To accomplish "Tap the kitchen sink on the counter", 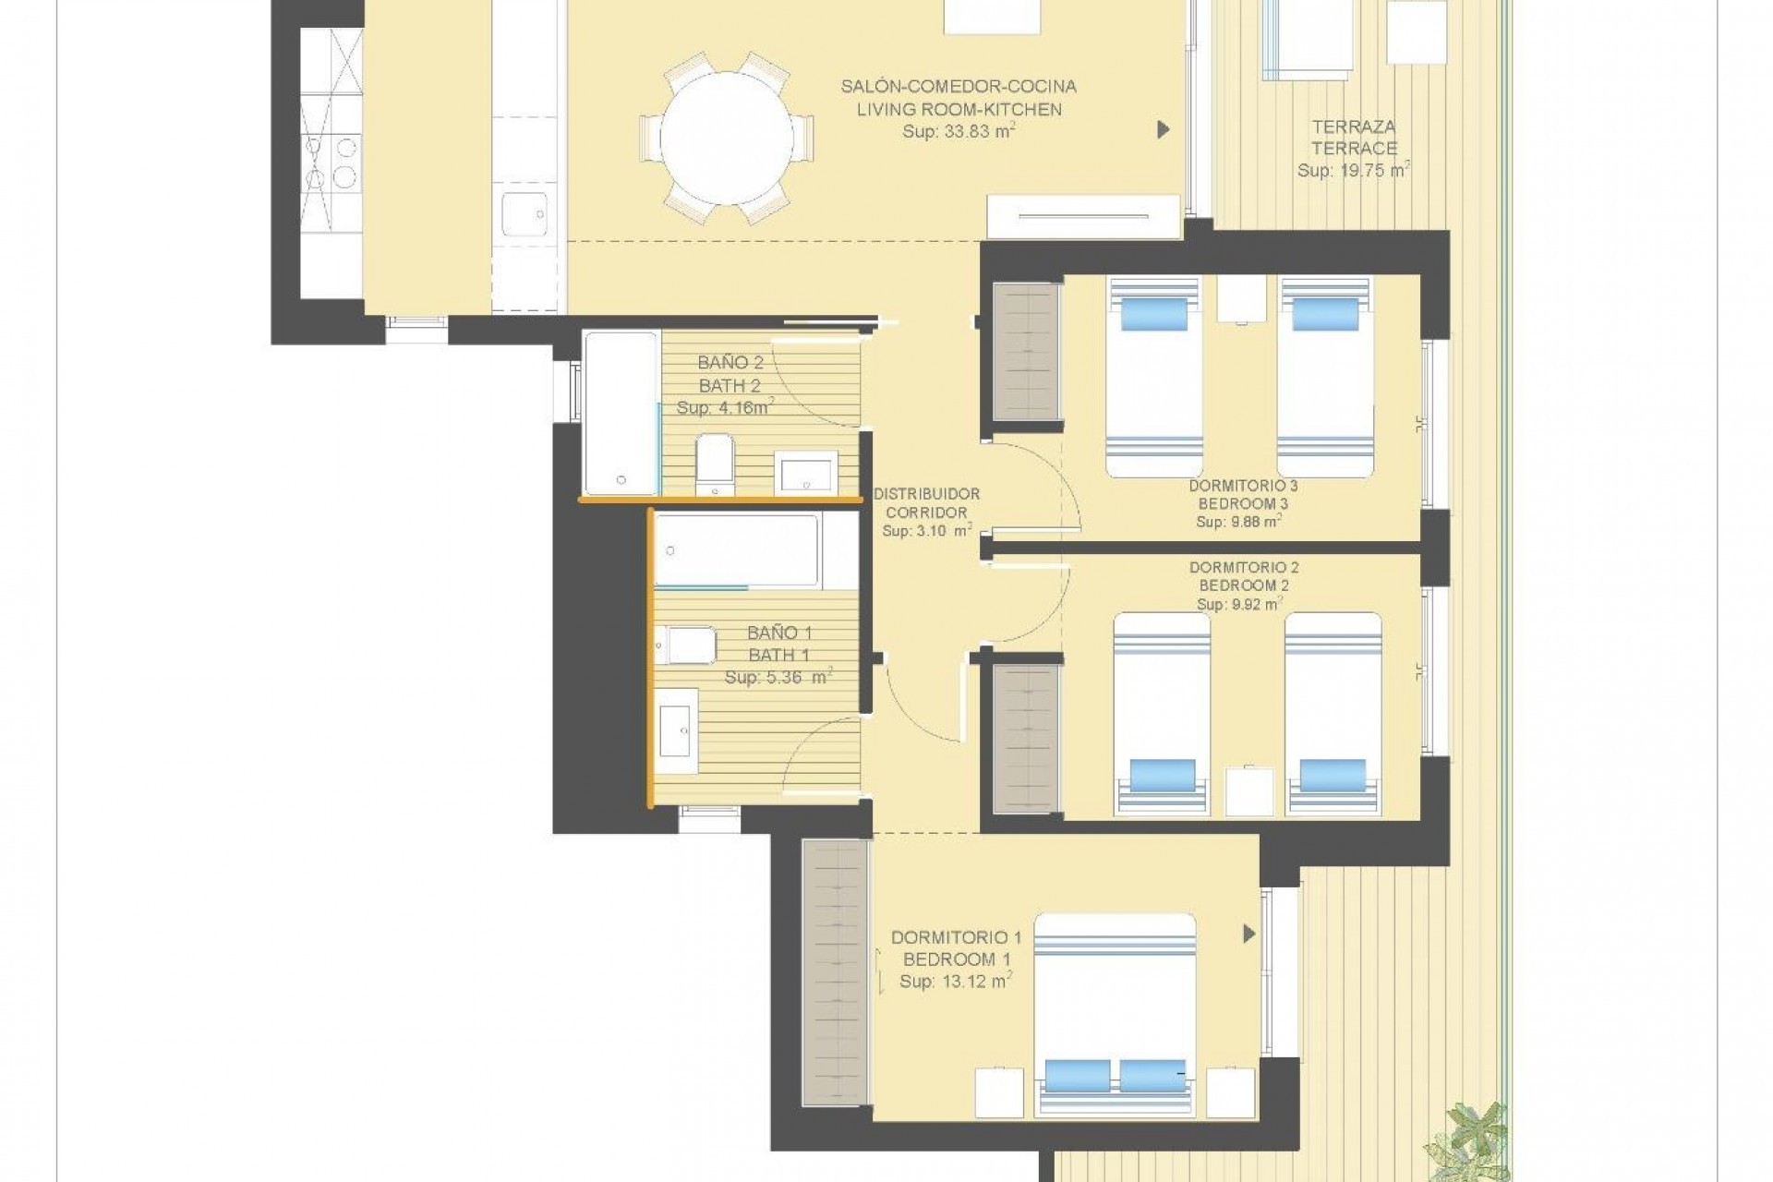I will click(x=525, y=215).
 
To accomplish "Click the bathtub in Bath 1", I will click(x=736, y=550).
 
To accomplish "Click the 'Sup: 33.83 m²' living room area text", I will click(x=959, y=132).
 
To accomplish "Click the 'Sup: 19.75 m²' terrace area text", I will click(x=1354, y=171).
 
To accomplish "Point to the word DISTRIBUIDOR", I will click(x=926, y=494).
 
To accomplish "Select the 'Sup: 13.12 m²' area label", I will click(x=955, y=982).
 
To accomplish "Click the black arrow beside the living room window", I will click(x=1164, y=130).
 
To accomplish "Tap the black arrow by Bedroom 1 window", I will click(x=1248, y=935).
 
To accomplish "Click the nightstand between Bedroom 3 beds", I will click(x=1241, y=297).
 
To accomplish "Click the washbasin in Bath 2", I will click(x=805, y=472).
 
